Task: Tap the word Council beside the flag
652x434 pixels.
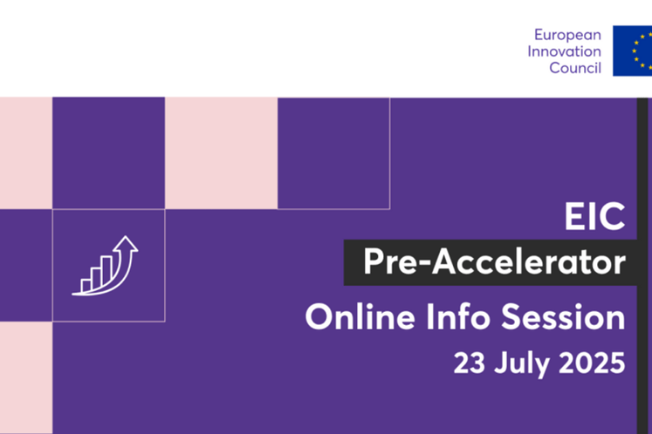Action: pyautogui.click(x=575, y=68)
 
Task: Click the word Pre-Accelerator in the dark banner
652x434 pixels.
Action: pyautogui.click(x=494, y=262)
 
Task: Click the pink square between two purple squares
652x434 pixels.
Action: pyautogui.click(x=221, y=153)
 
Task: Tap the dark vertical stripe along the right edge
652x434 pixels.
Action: pyautogui.click(x=643, y=261)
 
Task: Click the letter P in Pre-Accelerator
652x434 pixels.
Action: pyautogui.click(x=374, y=262)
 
